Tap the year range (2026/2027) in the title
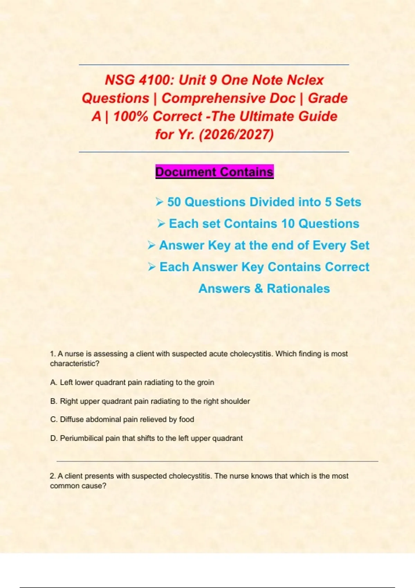click(237, 134)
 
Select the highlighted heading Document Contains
click(214, 172)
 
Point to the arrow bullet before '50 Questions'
click(159, 202)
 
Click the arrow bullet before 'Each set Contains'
click(161, 223)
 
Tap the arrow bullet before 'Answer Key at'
click(151, 245)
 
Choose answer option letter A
click(53, 383)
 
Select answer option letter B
click(53, 401)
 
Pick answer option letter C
click(53, 420)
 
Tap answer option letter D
click(53, 438)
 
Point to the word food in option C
click(186, 420)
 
